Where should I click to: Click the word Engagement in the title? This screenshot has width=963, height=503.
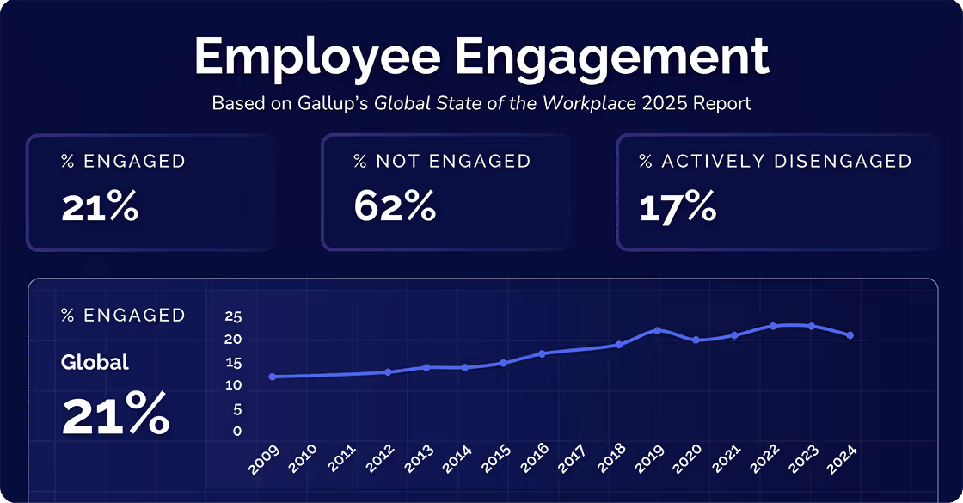tap(611, 58)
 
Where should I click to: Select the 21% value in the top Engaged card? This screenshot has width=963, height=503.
tap(100, 207)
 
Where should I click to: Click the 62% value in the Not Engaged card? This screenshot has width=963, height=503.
tap(395, 207)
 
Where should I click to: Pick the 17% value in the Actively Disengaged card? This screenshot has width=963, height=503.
tap(678, 207)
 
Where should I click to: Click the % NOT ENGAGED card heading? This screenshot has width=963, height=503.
tap(442, 161)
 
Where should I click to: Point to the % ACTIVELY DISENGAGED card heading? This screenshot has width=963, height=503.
tap(775, 161)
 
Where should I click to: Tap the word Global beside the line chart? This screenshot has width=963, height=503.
tap(95, 363)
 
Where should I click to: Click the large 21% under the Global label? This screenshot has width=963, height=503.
tap(115, 414)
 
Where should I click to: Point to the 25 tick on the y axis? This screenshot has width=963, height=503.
tap(233, 316)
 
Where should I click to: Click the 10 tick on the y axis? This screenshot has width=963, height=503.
tap(233, 385)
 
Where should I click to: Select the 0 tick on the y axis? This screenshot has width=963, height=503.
tap(237, 432)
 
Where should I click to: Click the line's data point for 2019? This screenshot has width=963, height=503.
tap(657, 330)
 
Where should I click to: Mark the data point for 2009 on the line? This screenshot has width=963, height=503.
tap(272, 377)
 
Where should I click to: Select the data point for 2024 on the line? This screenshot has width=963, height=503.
tap(850, 335)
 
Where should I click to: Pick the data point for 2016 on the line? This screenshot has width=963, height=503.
tap(542, 353)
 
